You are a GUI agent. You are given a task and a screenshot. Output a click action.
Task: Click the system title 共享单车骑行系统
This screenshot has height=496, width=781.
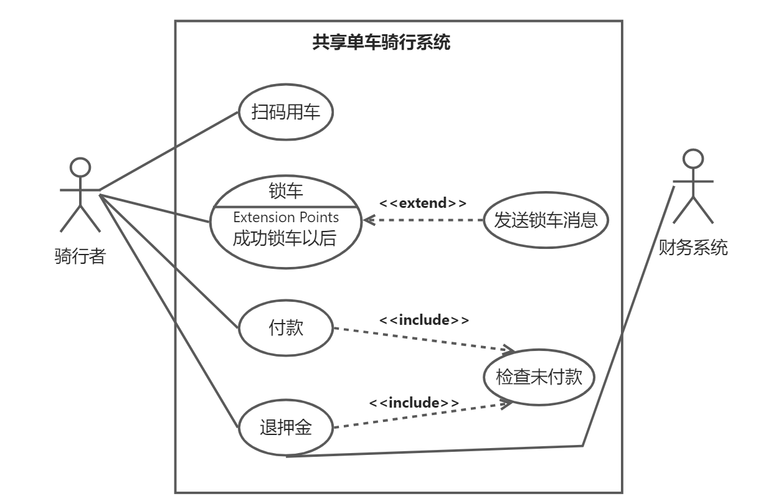(381, 44)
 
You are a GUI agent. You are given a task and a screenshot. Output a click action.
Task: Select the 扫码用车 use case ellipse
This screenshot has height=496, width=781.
(285, 113)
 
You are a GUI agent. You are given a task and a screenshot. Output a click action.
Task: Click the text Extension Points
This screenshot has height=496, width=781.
(286, 217)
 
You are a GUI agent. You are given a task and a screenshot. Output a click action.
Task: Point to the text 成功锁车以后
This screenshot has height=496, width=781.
(286, 238)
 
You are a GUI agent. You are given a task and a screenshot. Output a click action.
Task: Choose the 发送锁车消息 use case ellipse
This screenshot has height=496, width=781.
(546, 220)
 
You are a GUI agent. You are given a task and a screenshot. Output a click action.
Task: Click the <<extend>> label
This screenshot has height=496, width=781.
(423, 203)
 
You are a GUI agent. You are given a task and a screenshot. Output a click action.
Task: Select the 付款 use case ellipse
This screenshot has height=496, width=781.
(286, 328)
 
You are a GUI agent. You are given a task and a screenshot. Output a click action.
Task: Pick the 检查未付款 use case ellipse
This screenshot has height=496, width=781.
(539, 377)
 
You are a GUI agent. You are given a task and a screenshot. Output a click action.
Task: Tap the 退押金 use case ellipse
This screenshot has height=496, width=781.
(286, 428)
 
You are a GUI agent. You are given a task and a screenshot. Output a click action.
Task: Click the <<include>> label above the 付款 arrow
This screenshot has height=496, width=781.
(424, 320)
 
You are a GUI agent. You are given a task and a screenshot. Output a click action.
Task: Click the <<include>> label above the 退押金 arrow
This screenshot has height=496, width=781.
(414, 403)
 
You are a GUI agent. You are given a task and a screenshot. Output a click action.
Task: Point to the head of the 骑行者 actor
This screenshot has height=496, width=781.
(80, 167)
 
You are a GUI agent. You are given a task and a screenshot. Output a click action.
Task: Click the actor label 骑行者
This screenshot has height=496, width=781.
(80, 256)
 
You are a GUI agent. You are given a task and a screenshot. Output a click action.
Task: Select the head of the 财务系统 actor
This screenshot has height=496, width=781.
(693, 157)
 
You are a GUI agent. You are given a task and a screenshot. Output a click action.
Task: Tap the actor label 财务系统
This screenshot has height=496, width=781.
(693, 248)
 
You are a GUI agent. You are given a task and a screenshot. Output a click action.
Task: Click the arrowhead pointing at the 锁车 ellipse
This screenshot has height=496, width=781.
(367, 220)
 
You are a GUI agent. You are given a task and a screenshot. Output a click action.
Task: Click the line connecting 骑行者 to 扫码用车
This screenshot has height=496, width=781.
(168, 151)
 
